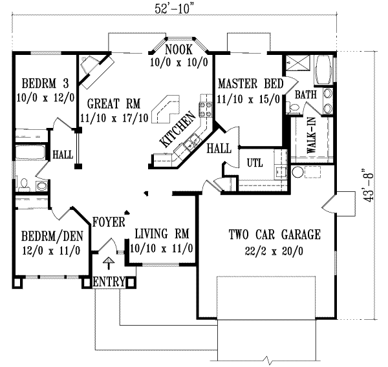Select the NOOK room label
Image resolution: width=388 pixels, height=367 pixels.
coord(177,50)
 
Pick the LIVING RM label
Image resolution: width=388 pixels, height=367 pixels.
coord(161,233)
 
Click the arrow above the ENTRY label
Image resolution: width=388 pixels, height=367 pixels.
coord(109,262)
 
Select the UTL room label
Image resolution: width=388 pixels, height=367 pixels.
coord(254,163)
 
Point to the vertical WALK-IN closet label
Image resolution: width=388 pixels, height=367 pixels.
coord(311,137)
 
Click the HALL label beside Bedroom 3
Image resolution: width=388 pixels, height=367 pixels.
coord(63,154)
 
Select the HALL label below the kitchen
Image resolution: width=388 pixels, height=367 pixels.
coord(219,149)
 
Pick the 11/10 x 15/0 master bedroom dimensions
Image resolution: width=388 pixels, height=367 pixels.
coord(249,99)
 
